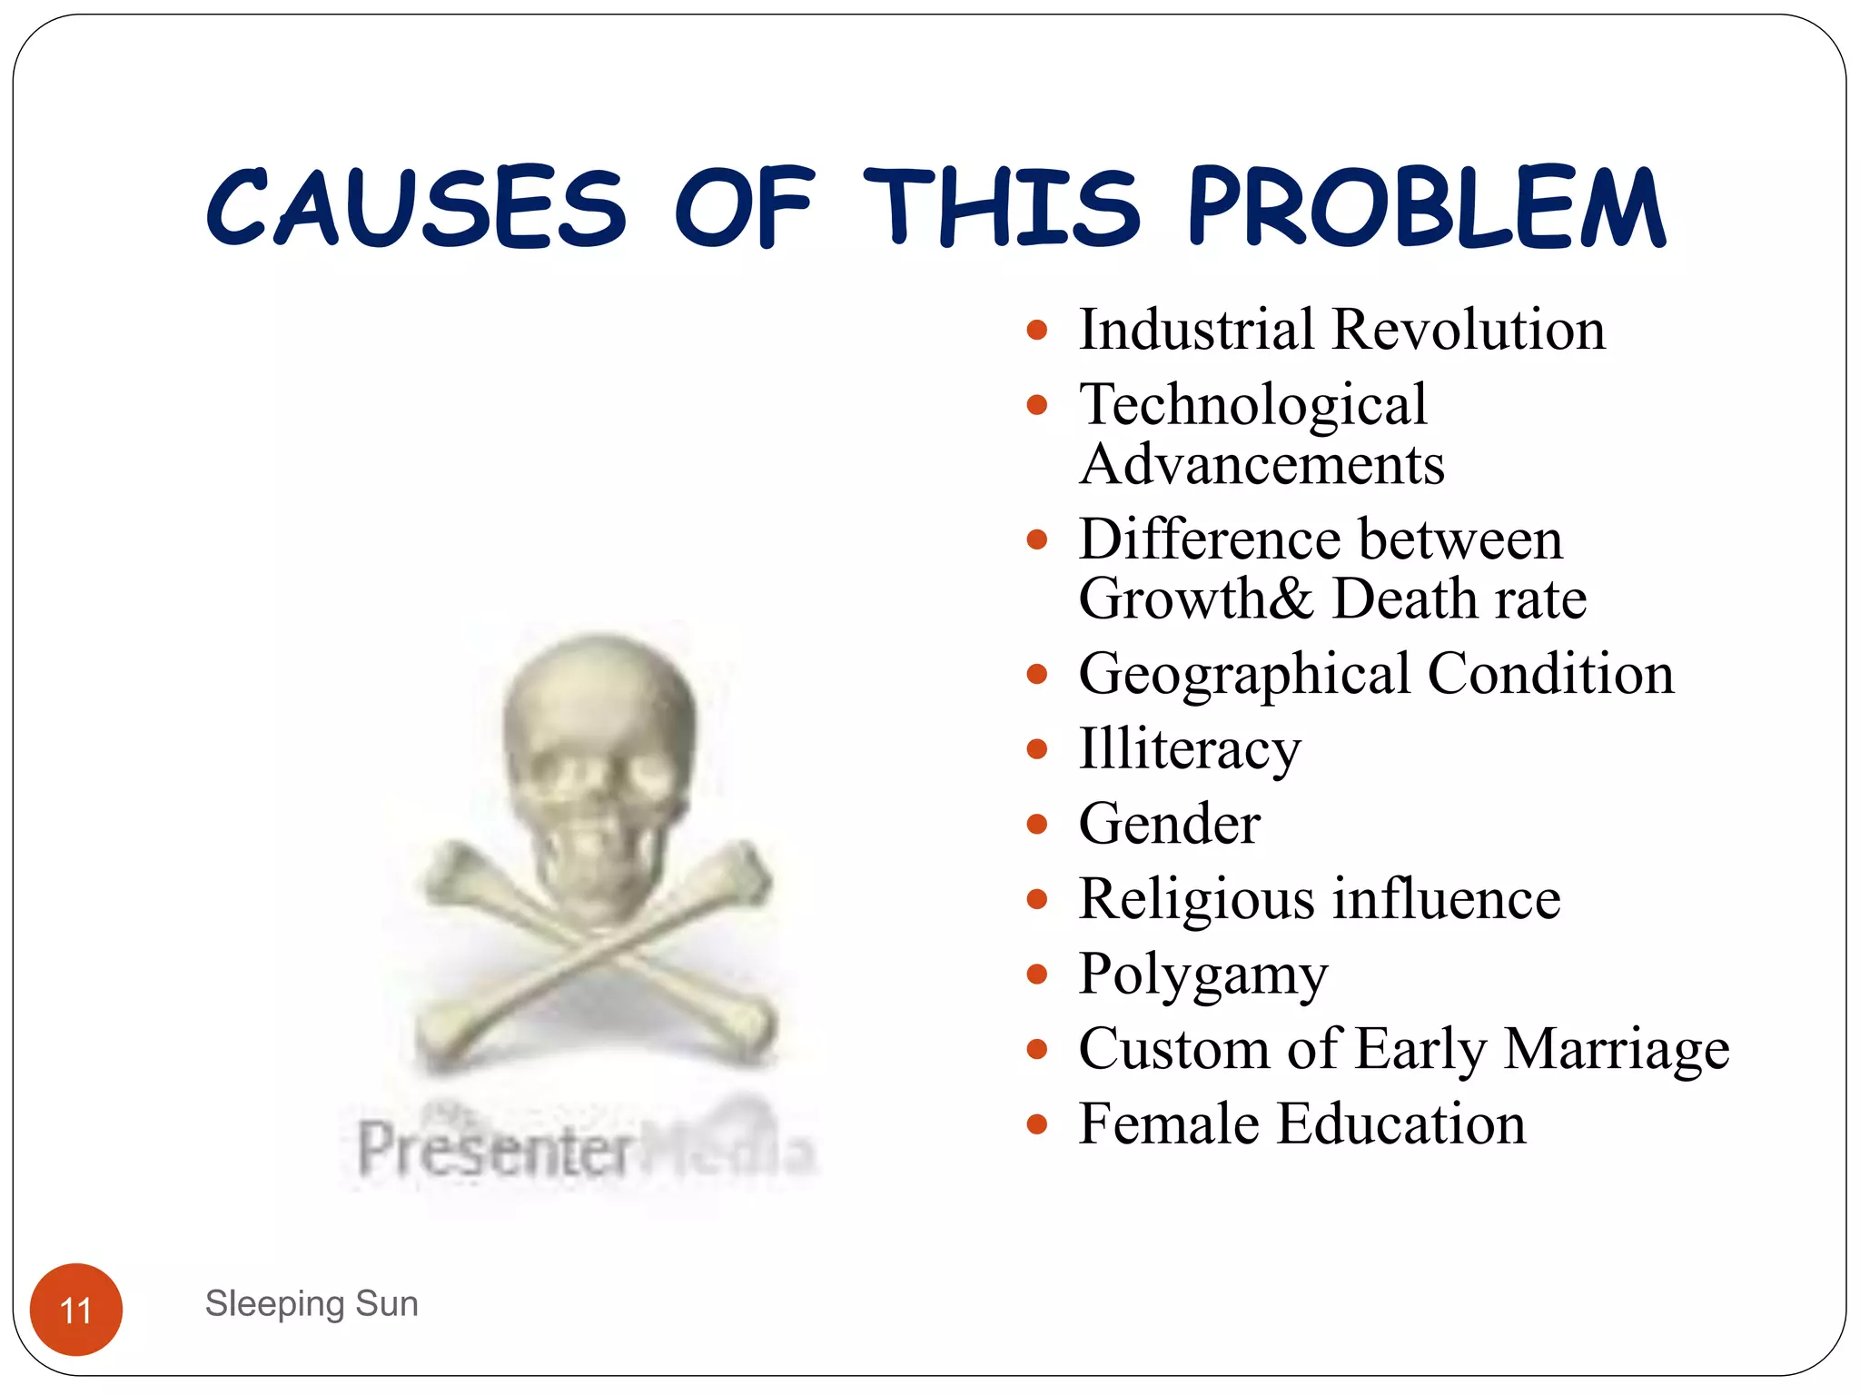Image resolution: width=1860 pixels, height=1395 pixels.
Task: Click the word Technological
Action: [1252, 405]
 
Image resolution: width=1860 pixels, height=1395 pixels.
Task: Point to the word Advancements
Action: [1261, 465]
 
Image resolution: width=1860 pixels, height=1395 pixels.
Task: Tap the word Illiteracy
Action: [1189, 750]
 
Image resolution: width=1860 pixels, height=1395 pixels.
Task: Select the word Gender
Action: [1169, 824]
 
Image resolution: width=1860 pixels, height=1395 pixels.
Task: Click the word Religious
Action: [1196, 900]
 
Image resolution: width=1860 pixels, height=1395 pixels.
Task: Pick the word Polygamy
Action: [1202, 975]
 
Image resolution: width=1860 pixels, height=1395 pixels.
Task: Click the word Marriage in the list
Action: [1616, 1050]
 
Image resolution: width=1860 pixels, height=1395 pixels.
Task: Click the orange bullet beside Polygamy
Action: [1036, 975]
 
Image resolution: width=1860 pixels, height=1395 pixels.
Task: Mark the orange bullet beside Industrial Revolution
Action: [1036, 330]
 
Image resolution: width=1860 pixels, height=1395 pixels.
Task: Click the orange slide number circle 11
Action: [76, 1310]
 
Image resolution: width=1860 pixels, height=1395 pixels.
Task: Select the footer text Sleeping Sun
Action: [312, 1303]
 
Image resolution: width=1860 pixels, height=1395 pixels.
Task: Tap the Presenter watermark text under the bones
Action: [495, 1150]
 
